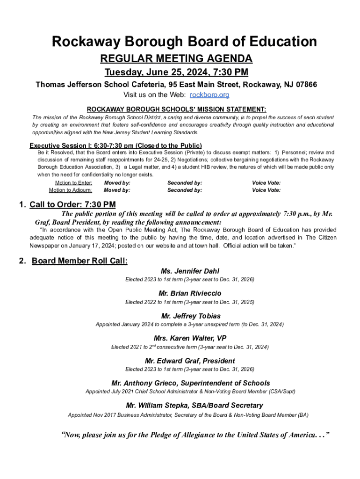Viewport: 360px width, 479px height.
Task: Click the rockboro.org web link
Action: tap(209, 95)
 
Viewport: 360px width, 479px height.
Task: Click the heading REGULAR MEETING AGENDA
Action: tap(177, 58)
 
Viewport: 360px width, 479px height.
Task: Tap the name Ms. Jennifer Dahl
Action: tap(190, 271)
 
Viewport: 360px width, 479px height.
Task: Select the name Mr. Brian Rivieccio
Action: tap(190, 293)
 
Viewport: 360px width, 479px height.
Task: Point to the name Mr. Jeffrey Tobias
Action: tap(190, 316)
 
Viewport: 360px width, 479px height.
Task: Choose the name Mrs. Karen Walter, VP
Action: tap(190, 338)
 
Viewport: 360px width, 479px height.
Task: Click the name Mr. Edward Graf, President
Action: tap(190, 361)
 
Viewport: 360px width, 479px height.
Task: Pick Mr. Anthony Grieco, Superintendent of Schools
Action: tap(190, 383)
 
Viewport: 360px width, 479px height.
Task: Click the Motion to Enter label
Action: tap(73, 183)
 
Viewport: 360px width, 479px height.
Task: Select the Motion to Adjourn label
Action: tap(71, 190)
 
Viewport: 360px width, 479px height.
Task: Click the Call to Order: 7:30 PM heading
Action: tap(72, 204)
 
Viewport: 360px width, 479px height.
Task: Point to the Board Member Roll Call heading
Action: tap(79, 261)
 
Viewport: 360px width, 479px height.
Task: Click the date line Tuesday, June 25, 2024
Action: tap(176, 73)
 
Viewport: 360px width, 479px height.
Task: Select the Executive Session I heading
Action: tap(115, 145)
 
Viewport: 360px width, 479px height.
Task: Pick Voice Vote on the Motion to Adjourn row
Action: tap(266, 190)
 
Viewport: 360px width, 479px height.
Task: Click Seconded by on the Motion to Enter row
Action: tap(185, 183)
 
